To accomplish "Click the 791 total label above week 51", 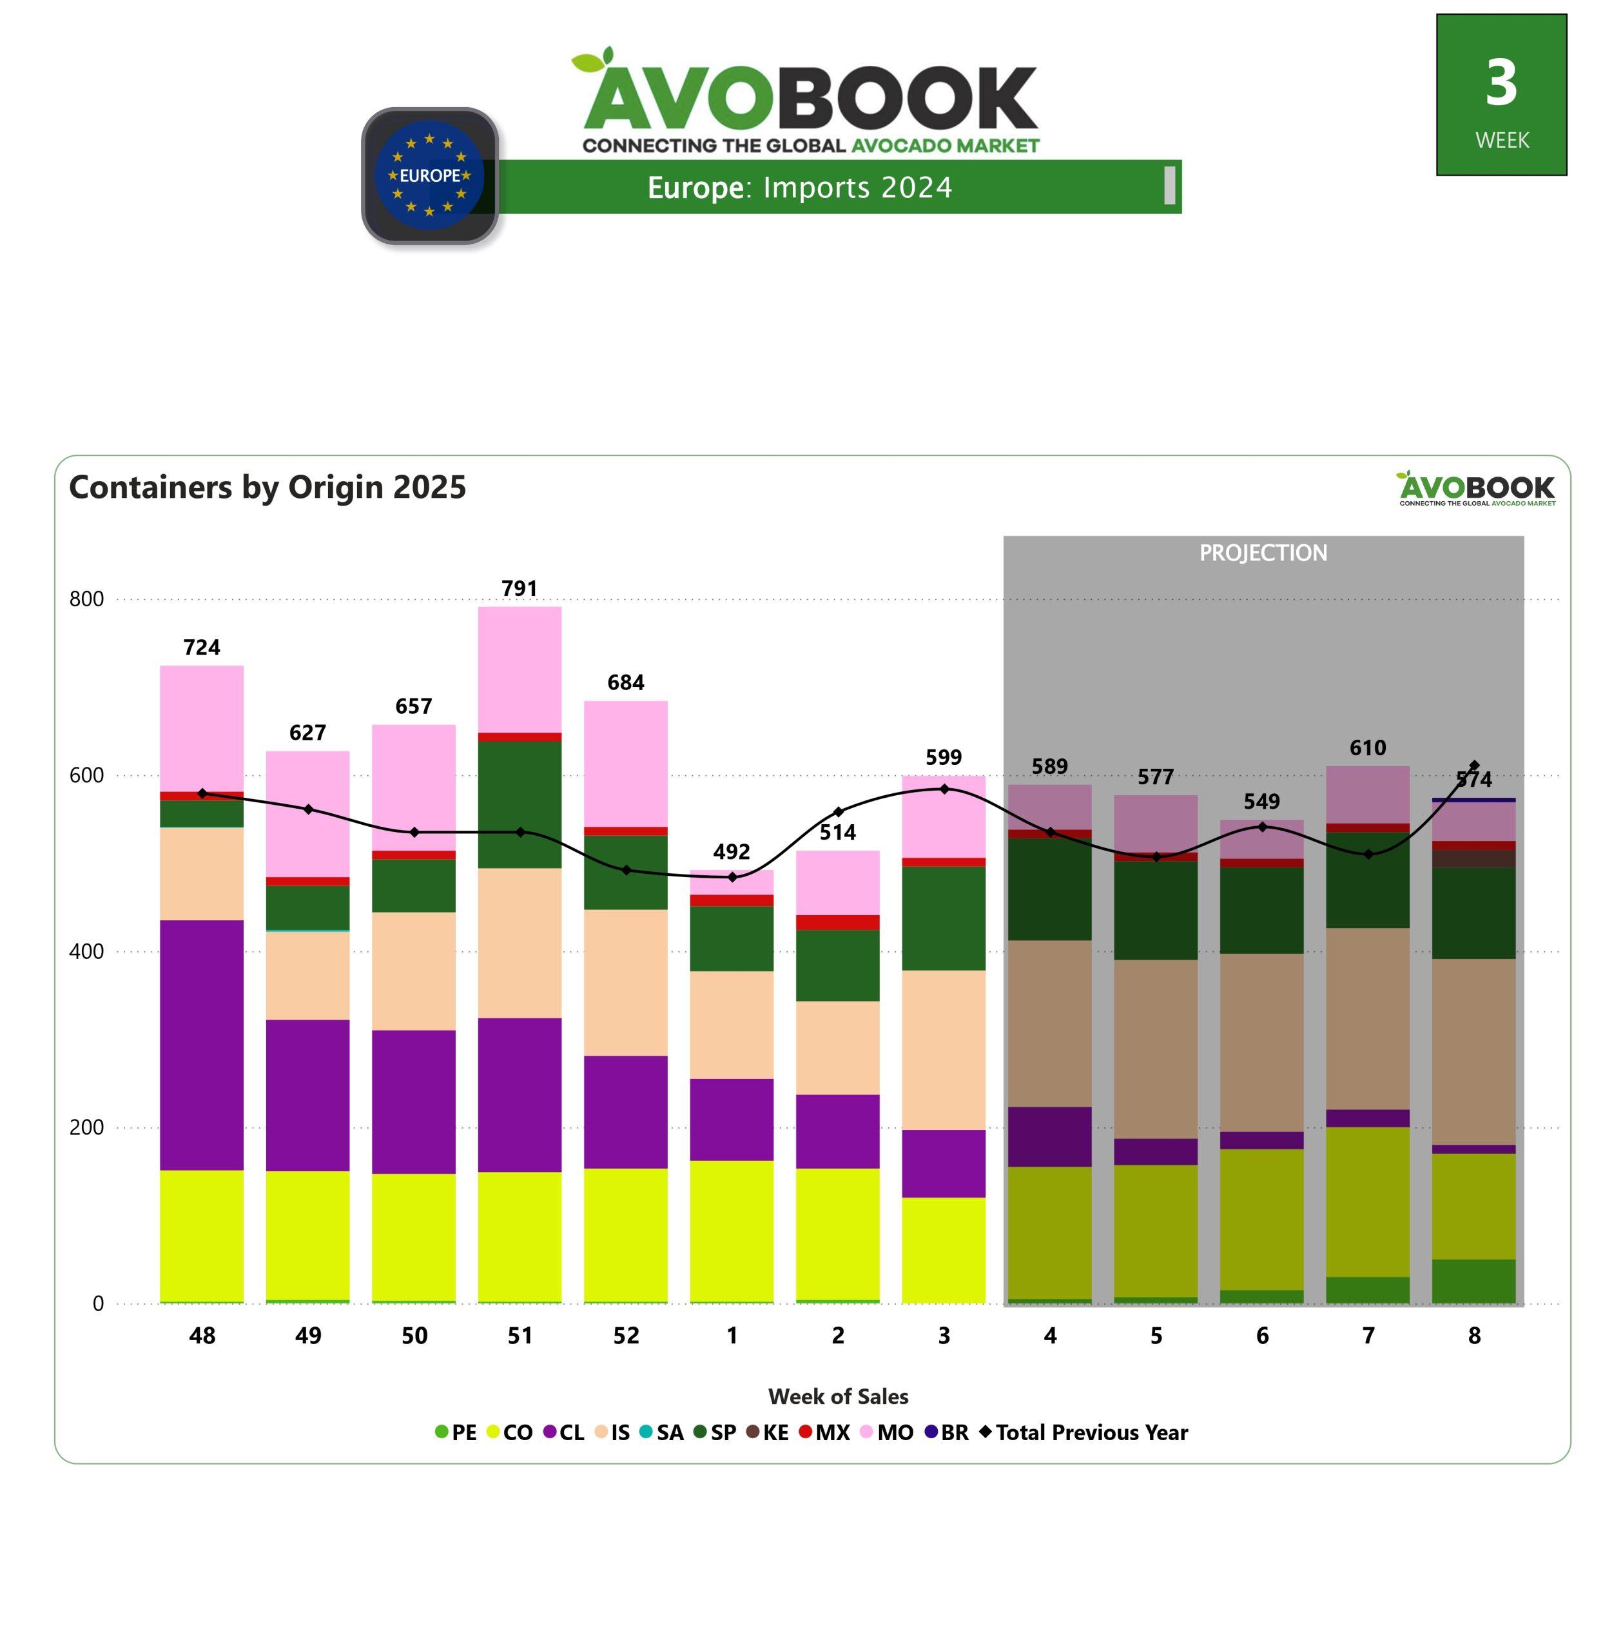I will [x=519, y=588].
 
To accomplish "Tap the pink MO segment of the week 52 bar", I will [x=626, y=763].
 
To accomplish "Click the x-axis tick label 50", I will [x=414, y=1336].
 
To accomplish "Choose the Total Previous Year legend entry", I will [x=1084, y=1432].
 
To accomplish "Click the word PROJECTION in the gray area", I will [x=1263, y=553].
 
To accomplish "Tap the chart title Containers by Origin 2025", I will [x=267, y=487].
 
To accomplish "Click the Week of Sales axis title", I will [x=838, y=1397].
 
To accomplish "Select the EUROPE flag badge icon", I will [x=430, y=175].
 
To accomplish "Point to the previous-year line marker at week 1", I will [x=732, y=876].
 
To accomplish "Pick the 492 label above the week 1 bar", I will [x=732, y=852].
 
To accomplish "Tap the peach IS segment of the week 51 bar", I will [x=519, y=942].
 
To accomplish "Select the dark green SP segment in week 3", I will [x=944, y=918].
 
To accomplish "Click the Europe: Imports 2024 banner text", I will [x=799, y=187].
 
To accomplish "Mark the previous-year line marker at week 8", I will [x=1475, y=765].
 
